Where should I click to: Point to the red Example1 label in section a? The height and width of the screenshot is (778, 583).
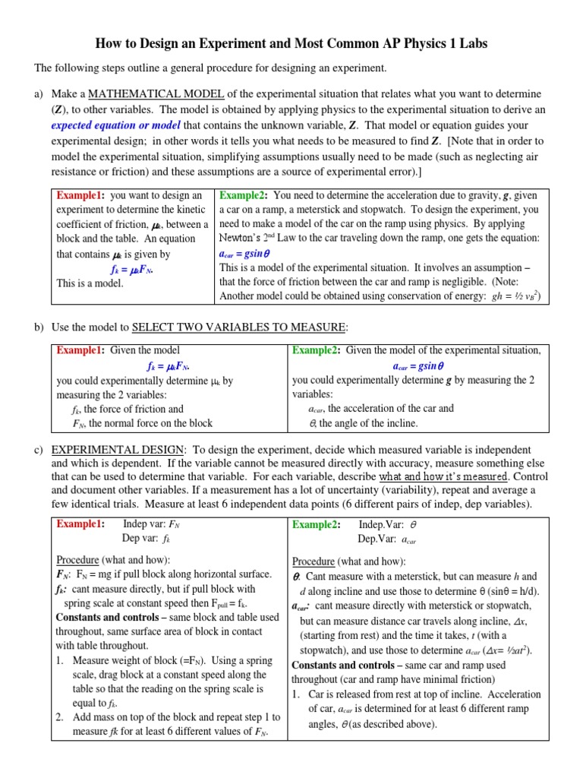click(x=80, y=195)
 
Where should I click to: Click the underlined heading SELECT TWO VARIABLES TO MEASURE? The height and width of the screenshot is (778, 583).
click(x=239, y=327)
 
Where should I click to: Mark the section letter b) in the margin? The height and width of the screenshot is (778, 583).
click(x=39, y=327)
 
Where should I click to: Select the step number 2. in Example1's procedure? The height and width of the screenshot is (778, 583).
click(x=61, y=717)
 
